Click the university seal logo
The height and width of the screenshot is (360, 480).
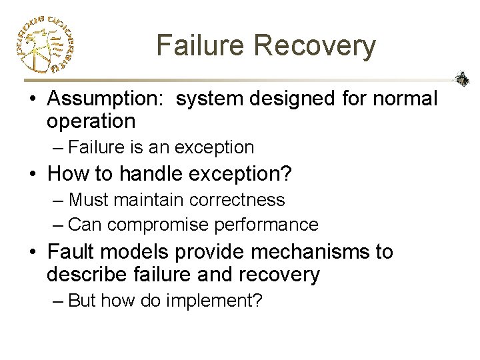click(43, 44)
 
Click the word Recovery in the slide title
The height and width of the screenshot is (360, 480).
click(315, 45)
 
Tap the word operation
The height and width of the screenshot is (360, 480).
click(91, 121)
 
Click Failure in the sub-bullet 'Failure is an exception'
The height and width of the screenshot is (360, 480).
click(93, 147)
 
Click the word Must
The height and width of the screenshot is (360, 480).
click(89, 199)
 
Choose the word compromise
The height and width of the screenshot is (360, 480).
click(159, 225)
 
